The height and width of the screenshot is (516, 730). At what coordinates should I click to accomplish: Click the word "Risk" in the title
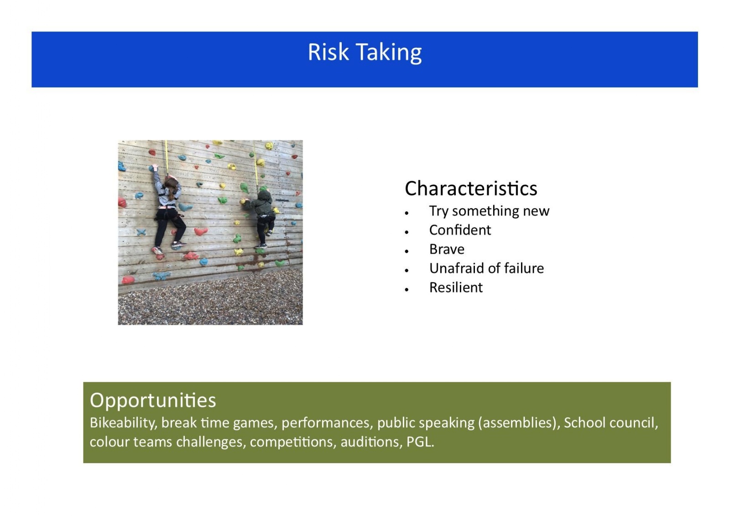[328, 52]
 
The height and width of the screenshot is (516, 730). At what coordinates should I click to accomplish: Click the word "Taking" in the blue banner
[389, 53]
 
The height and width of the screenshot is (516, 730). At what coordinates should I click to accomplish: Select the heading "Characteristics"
[471, 188]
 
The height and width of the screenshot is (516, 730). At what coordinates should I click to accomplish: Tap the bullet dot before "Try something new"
[407, 213]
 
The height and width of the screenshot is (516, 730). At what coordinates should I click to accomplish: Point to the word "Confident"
[460, 230]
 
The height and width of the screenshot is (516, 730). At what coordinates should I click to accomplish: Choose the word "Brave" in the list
[447, 250]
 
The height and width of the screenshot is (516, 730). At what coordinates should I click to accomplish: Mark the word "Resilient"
[456, 287]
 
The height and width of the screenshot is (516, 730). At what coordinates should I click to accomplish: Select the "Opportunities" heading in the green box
[153, 401]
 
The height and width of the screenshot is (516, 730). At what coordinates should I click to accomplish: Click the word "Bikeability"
[124, 423]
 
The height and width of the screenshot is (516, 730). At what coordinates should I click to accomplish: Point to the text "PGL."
[420, 442]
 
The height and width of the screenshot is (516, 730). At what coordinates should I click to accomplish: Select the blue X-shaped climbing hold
[141, 232]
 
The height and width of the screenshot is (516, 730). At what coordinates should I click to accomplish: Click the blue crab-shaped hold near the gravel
[162, 276]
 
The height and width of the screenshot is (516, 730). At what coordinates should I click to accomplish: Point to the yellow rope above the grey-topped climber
[167, 158]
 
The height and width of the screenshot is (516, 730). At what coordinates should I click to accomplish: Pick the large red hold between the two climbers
[201, 231]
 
